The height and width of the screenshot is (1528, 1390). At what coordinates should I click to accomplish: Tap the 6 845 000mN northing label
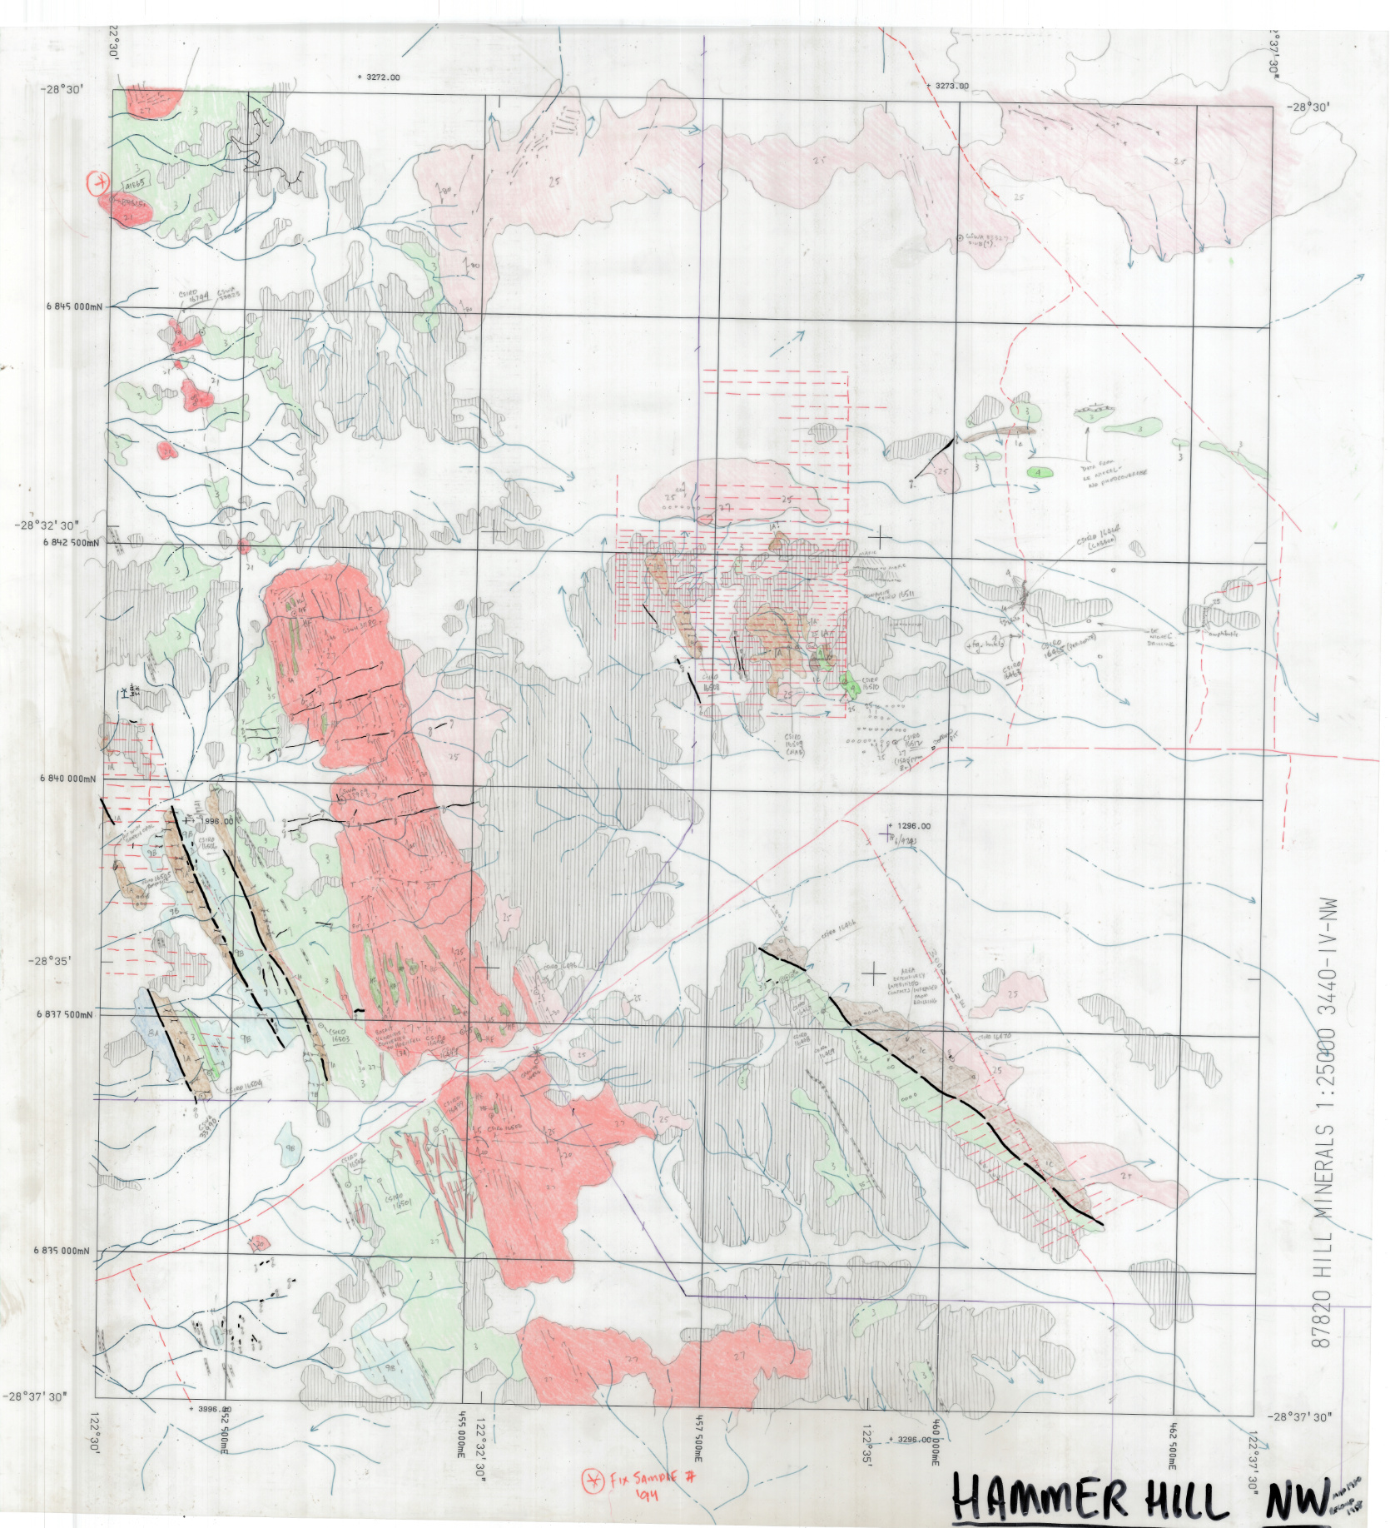click(x=73, y=306)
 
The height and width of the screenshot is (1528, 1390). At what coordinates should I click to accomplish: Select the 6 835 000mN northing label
click(x=73, y=1251)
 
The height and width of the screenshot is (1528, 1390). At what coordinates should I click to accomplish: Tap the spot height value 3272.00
click(x=379, y=77)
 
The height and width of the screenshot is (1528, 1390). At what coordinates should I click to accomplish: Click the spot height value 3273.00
click(x=949, y=85)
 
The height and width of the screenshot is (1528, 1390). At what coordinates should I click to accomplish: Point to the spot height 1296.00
click(x=912, y=826)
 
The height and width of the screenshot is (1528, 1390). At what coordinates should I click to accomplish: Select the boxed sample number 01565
click(x=137, y=182)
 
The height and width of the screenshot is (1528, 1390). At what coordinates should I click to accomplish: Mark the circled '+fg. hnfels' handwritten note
click(x=985, y=644)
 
